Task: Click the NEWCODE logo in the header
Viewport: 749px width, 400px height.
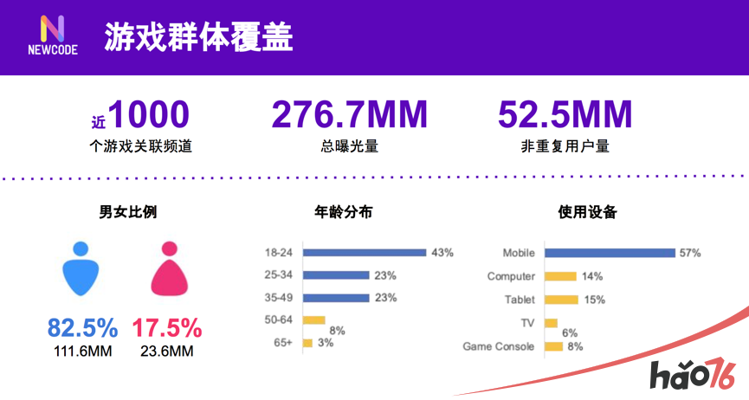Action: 52,35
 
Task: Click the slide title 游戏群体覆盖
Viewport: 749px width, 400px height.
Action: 198,36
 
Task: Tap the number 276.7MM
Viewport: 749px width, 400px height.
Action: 350,114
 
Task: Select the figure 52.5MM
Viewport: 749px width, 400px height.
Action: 565,114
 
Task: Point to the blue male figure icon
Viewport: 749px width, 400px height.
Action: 81,268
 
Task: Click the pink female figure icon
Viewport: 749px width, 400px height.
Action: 169,268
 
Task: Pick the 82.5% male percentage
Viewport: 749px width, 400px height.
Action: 82,328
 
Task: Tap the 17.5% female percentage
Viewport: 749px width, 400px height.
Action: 167,328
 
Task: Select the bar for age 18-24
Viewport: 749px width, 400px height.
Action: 365,253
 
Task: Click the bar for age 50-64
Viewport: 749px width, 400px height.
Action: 313,320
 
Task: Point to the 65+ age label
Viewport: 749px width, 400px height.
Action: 282,344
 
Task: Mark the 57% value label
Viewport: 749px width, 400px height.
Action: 690,253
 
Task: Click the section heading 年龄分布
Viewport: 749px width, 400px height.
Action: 343,211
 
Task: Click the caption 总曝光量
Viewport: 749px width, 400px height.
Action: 349,146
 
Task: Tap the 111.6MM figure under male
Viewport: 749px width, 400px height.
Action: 82,351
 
